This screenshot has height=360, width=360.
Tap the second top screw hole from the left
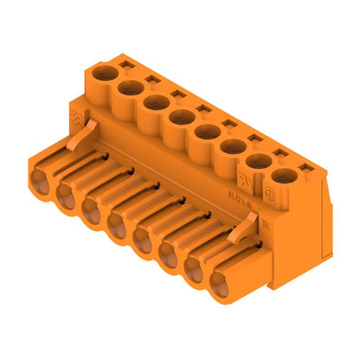click(132, 87)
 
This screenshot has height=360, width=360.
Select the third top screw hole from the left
click(157, 102)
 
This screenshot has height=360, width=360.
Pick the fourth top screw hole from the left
click(182, 117)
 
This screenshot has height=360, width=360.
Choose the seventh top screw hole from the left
click(258, 162)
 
